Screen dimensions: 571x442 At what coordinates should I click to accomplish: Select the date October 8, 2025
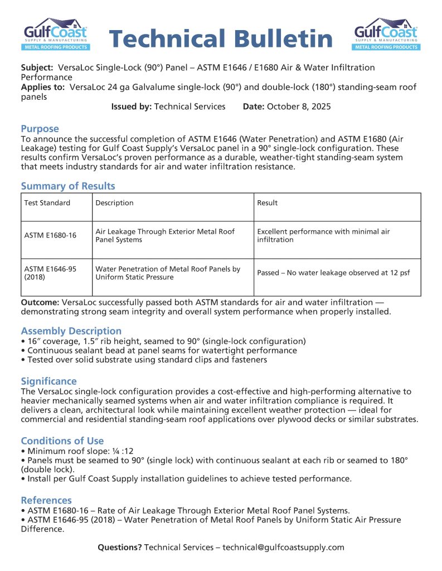point(299,107)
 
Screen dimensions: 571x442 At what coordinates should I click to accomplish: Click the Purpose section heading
point(40,129)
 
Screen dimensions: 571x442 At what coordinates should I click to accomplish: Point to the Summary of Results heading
point(68,186)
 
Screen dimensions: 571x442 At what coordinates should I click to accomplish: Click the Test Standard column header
point(47,203)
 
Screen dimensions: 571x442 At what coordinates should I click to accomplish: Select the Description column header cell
point(114,203)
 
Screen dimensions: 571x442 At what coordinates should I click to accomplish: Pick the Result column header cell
point(267,203)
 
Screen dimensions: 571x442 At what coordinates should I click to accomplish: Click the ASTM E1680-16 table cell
point(50,235)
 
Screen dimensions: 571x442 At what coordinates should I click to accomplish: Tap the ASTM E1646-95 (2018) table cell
point(50,273)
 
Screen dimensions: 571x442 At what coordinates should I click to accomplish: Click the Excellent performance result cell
point(323,235)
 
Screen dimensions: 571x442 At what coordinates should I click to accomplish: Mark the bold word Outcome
point(40,302)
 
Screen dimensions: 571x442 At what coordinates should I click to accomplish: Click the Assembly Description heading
point(71,331)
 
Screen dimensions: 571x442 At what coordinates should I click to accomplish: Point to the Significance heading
point(49,381)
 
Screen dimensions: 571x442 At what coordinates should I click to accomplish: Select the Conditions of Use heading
point(62,441)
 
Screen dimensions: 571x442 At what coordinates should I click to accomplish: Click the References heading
point(46,500)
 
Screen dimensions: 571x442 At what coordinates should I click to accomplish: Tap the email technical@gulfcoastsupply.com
point(283,547)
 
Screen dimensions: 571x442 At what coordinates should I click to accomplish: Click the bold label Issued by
point(131,107)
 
